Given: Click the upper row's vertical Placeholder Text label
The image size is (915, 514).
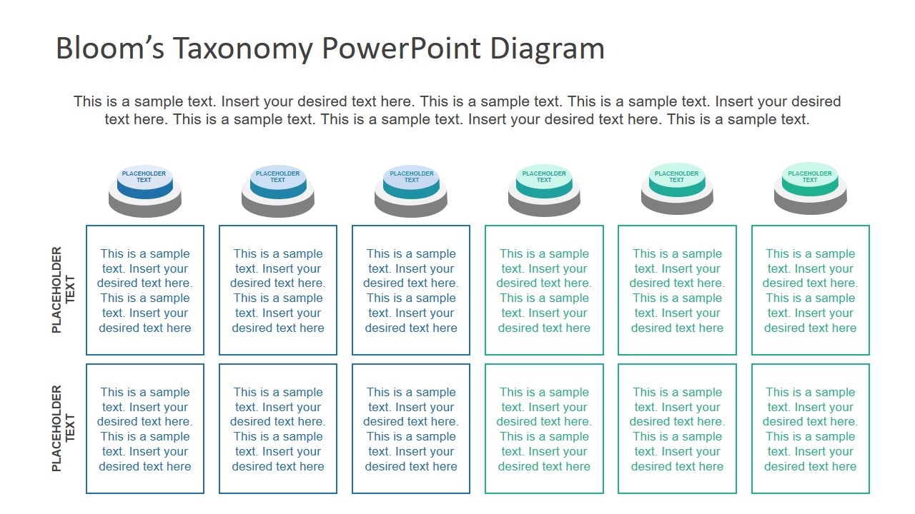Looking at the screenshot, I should [63, 290].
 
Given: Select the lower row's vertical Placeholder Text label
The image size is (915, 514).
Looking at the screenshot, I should [63, 428].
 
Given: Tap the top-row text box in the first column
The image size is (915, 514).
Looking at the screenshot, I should [145, 291].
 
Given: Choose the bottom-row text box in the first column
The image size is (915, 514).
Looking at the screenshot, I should [145, 429].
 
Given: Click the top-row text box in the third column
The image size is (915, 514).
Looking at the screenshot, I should [411, 291].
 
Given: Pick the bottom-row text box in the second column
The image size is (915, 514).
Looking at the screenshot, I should [278, 429].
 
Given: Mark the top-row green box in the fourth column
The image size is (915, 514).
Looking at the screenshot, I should [544, 291].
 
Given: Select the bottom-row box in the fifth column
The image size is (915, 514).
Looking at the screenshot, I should [677, 429].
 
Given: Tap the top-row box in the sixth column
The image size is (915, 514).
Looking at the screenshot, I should [810, 291].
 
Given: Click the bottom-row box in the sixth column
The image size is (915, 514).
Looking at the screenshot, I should [810, 429].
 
